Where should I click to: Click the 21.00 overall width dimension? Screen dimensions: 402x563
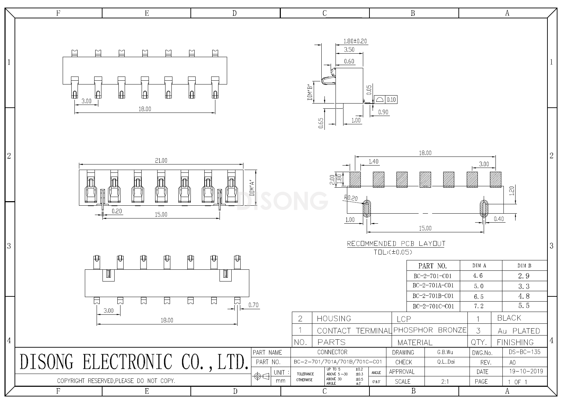coord(161,160)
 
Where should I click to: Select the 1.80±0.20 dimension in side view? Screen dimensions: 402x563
coord(355,41)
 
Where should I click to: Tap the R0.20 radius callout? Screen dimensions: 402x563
coord(351,198)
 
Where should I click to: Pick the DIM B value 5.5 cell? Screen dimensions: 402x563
coord(524,306)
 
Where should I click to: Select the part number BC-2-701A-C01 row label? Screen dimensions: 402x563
coord(433,286)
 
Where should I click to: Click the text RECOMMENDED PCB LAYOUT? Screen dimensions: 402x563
coord(396,244)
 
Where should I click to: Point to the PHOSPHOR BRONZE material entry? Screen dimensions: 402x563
coord(430,330)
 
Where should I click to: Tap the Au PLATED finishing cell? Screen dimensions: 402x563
coord(518,331)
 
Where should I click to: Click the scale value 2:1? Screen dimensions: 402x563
coord(445,382)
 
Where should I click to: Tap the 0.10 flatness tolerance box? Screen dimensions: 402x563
coord(391,100)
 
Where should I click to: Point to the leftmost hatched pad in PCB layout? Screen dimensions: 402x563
coord(355,179)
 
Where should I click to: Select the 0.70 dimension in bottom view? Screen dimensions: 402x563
coord(253,305)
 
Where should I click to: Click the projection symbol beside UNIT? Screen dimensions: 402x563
coord(262,376)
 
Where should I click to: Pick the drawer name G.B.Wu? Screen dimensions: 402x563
coord(445,352)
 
